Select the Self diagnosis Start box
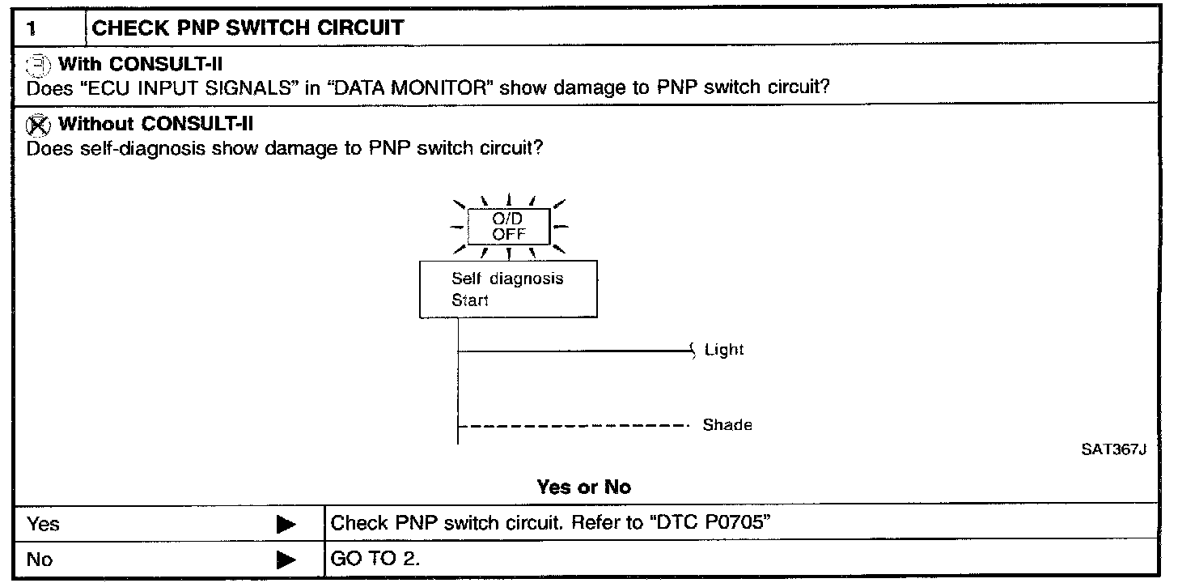coord(508,289)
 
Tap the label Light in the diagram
coord(724,350)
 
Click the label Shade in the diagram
coord(727,425)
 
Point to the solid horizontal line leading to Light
coord(574,351)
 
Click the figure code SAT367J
coord(1116,450)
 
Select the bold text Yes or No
coord(583,487)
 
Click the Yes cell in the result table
coord(44,524)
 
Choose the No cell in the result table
coord(40,559)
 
